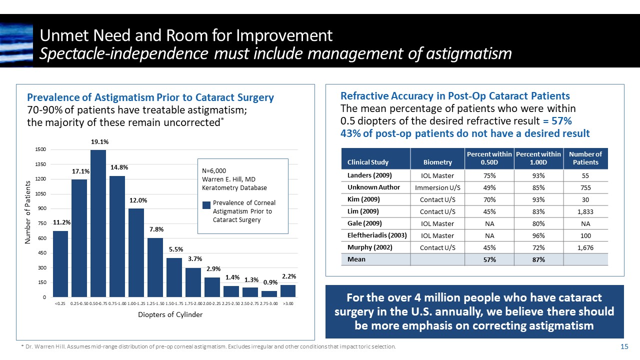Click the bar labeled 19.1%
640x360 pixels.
tap(98, 223)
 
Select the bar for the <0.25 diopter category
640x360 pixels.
tap(60, 264)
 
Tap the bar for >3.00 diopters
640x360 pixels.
tap(287, 291)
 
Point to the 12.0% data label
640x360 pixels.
tap(136, 200)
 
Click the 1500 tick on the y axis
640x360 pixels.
tap(41, 149)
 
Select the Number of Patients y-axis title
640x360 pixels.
tap(28, 212)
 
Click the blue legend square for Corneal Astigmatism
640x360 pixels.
tap(206, 205)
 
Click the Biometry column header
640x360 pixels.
tap(437, 162)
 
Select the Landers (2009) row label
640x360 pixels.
tap(369, 175)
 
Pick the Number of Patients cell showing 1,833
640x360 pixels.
tap(585, 211)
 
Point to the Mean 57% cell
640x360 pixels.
tap(489, 259)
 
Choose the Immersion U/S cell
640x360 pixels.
tap(437, 188)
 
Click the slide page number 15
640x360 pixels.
tap(623, 347)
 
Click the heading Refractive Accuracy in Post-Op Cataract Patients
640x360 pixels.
tap(455, 96)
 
